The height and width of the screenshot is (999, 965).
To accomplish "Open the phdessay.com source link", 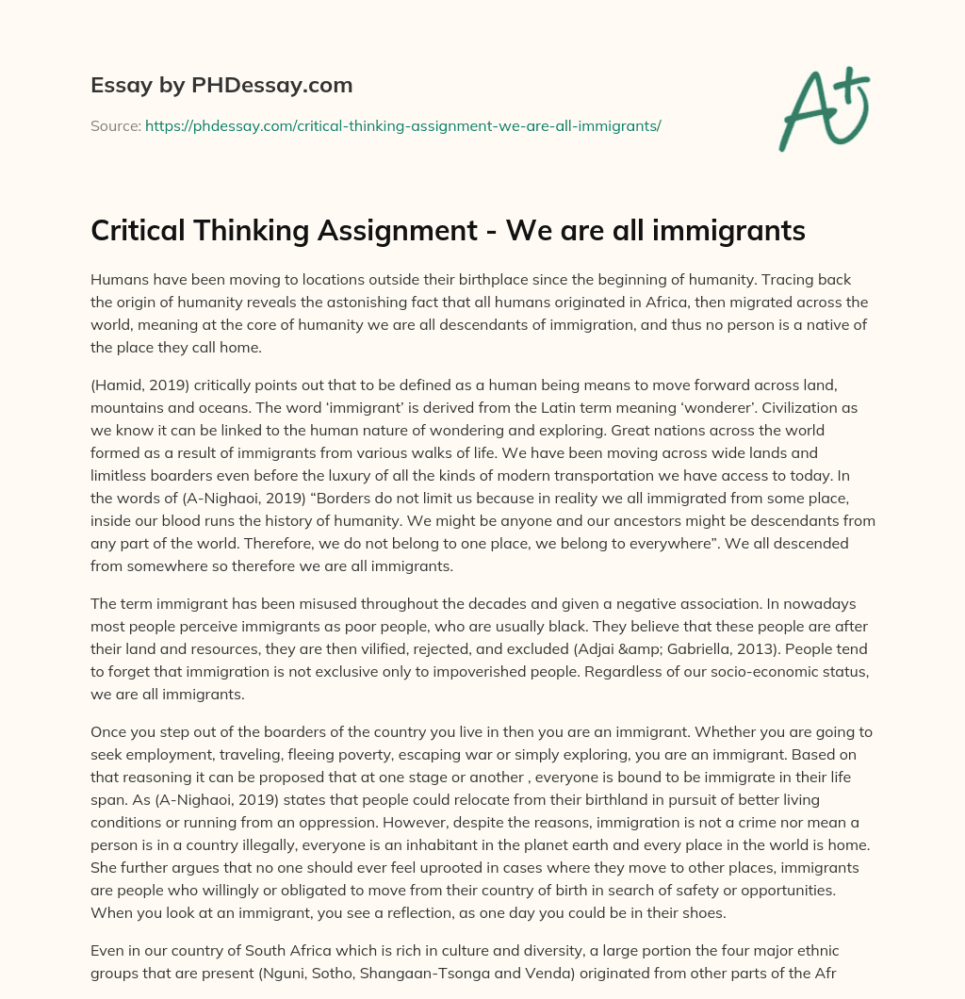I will [x=402, y=125].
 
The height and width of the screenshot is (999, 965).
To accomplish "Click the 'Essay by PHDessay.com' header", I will [x=221, y=85].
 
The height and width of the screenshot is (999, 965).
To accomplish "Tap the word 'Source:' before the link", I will [x=116, y=125].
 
